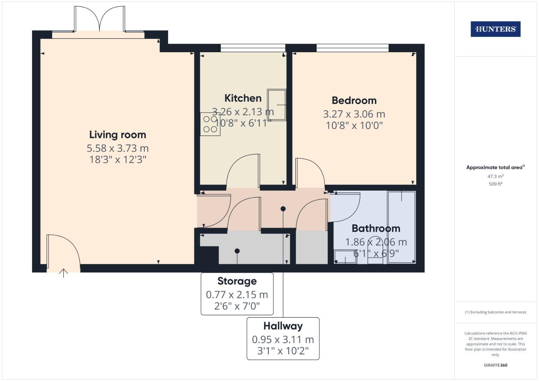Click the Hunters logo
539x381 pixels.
[495, 29]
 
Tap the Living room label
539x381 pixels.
[118, 135]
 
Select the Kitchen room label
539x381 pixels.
[243, 98]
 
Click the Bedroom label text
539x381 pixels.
[354, 101]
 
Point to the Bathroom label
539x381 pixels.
[376, 229]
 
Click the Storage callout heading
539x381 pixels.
[237, 281]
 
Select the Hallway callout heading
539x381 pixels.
[283, 326]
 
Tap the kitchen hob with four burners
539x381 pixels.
[210, 124]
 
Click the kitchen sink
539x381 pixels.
[276, 105]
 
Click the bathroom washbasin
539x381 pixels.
[345, 257]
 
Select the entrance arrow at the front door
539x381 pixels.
[64, 273]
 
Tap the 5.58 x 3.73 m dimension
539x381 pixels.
[118, 148]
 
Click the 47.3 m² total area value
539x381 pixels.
[495, 176]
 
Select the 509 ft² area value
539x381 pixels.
[495, 184]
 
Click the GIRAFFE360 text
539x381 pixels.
[495, 365]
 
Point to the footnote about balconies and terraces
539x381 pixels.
[495, 312]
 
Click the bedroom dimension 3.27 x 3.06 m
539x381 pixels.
[354, 114]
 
